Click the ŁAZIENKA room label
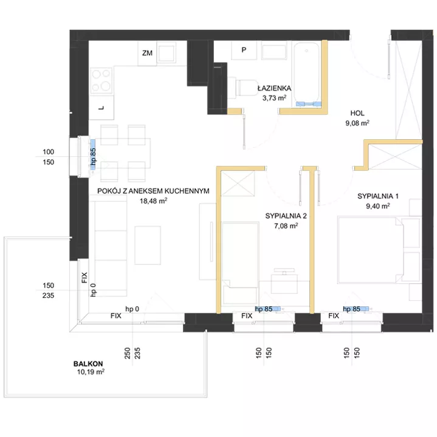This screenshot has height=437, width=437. coord(274,88)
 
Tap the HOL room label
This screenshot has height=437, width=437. coord(357,113)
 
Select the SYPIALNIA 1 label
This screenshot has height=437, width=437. coord(378,196)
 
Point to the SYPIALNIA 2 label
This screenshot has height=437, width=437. coord(286,216)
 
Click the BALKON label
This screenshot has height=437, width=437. coord(88,363)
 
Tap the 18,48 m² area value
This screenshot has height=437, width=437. coord(153,201)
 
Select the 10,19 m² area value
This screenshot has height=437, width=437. coord(91,372)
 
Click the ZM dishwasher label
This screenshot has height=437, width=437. coord(147,53)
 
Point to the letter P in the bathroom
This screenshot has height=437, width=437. coord(244,50)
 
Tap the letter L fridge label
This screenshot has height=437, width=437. coord(102,108)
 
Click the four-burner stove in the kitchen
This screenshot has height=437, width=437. coord(102,81)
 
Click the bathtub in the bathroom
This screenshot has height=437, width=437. coord(306,74)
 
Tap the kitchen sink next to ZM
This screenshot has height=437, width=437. coord(167,52)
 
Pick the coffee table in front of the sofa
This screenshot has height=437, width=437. coord(148,246)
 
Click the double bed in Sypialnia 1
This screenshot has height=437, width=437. coord(371,250)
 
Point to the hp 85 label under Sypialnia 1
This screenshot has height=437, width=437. coord(352,309)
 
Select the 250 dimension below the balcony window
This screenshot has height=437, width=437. coord(128,353)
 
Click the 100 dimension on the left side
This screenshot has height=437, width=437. coord(48,152)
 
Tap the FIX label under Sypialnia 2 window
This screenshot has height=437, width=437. coord(247,316)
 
